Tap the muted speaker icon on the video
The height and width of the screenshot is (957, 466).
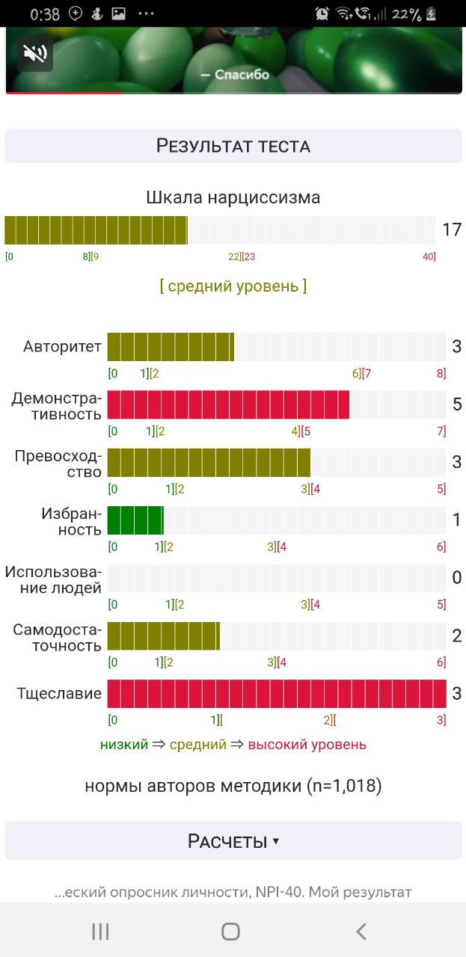pos(34,54)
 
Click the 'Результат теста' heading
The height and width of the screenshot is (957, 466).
pos(233,145)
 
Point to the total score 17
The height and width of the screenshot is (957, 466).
pos(452,230)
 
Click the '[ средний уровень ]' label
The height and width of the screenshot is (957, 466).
pos(233,286)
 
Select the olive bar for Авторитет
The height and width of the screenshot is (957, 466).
pos(171,347)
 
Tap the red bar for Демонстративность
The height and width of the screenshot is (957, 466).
pos(228,404)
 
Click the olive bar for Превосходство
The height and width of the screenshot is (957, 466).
pos(209,462)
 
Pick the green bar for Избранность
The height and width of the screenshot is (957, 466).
pos(135,520)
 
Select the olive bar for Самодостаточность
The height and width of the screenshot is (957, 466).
pos(164,636)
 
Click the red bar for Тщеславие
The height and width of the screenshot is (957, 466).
pos(277,693)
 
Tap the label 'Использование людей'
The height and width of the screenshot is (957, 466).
pos(53,579)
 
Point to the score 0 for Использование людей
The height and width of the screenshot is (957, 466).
pos(457,578)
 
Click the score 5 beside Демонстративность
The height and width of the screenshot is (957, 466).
pos(457,404)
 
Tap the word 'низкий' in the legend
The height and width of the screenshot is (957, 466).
pos(123,745)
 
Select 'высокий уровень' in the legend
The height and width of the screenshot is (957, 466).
pos(307,745)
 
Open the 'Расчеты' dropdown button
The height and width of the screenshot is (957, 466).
pos(233,841)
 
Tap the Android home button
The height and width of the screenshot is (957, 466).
pos(230,931)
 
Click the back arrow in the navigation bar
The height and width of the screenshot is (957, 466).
pos(362,931)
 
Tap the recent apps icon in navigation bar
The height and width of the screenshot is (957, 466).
pos(100,931)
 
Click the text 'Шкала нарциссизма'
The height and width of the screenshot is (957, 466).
pos(233,198)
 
